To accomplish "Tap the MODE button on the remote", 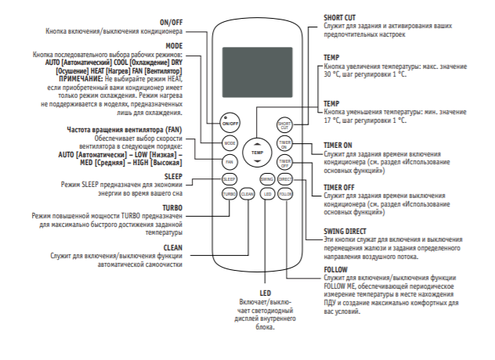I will click(x=229, y=143).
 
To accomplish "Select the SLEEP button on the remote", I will click(x=229, y=179).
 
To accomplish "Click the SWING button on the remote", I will click(x=266, y=179).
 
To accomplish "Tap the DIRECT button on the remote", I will click(x=284, y=179).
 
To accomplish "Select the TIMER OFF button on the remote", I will click(x=284, y=162).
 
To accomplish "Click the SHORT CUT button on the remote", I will click(x=284, y=124).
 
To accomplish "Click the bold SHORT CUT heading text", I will click(x=341, y=16).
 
